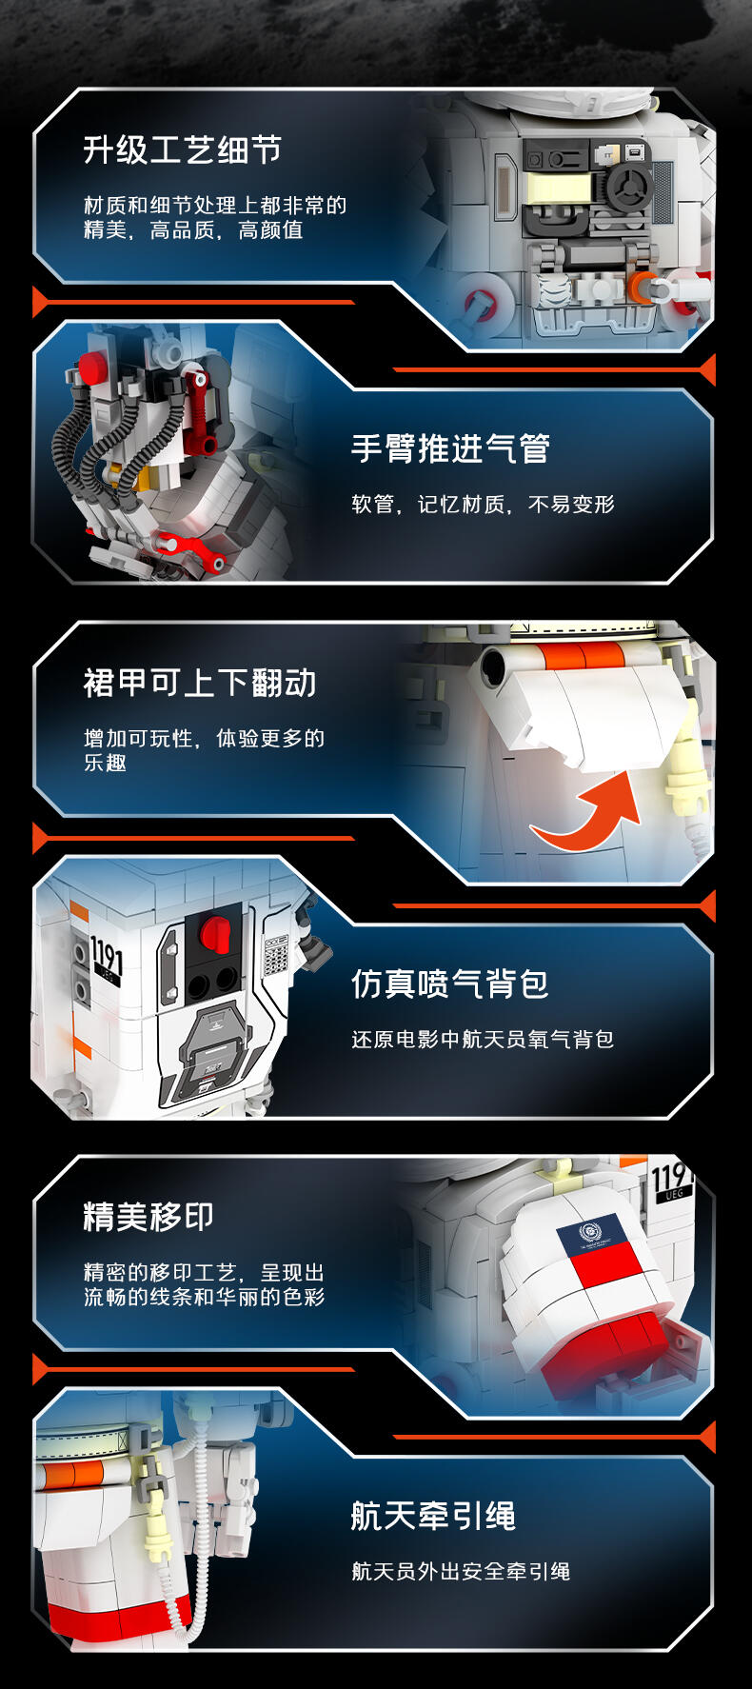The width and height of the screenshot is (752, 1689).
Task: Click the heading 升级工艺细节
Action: (182, 149)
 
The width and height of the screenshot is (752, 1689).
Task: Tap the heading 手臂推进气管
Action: (450, 447)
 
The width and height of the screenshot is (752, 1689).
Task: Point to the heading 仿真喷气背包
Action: (450, 983)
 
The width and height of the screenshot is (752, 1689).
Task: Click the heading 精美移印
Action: (148, 1216)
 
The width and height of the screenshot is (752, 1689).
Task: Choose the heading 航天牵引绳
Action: (433, 1516)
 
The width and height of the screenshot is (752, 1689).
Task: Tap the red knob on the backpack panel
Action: (216, 933)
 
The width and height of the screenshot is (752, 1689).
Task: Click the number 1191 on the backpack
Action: (107, 954)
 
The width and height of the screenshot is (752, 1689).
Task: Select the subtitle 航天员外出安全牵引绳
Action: (461, 1571)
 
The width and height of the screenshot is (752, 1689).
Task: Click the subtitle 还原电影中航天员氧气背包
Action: (483, 1039)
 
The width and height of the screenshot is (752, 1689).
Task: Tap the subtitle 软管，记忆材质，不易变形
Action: (483, 504)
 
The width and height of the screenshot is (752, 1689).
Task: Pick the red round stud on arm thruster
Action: (92, 366)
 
